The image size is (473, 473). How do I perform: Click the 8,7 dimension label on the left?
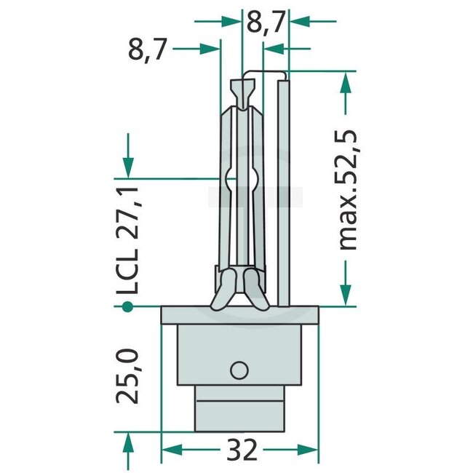(148, 51)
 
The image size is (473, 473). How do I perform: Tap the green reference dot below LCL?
(128, 307)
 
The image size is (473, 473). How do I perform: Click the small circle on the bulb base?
(239, 370)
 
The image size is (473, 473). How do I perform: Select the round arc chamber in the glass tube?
(240, 179)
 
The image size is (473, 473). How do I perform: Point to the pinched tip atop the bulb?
(241, 92)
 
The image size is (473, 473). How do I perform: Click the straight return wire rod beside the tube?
(285, 189)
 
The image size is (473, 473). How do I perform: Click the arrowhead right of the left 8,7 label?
(210, 49)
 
